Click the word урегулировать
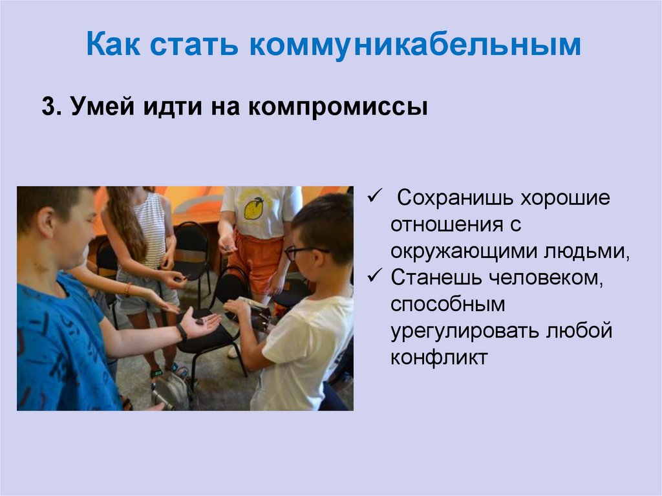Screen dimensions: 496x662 pyautogui.click(x=462, y=330)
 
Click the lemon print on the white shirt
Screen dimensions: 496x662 pyautogui.click(x=253, y=208)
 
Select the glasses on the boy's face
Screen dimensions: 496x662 pyautogui.click(x=301, y=252)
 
